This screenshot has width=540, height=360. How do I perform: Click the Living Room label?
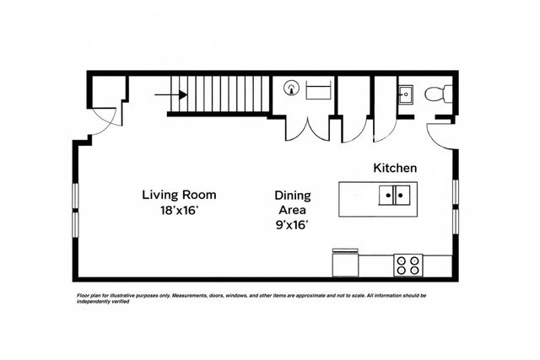[179, 195]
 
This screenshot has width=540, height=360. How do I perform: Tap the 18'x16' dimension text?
[179, 210]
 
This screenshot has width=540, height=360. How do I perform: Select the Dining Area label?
[293, 202]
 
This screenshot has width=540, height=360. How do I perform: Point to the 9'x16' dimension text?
[292, 225]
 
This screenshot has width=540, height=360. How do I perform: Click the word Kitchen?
[395, 168]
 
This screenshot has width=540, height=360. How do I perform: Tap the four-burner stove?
[408, 266]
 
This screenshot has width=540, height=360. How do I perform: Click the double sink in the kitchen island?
[394, 195]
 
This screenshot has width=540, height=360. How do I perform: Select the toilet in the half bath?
[438, 94]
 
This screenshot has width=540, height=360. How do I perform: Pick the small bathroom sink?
[406, 94]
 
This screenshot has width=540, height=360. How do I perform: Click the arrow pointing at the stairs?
[170, 94]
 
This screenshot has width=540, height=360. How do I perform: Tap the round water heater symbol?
[291, 88]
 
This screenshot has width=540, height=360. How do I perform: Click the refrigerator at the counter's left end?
[345, 262]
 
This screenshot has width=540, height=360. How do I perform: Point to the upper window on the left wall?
[75, 196]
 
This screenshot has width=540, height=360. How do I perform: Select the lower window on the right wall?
[456, 221]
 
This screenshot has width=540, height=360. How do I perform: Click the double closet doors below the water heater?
[307, 130]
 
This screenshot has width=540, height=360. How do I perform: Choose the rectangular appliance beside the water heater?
[318, 90]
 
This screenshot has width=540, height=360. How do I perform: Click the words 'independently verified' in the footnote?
[103, 302]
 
